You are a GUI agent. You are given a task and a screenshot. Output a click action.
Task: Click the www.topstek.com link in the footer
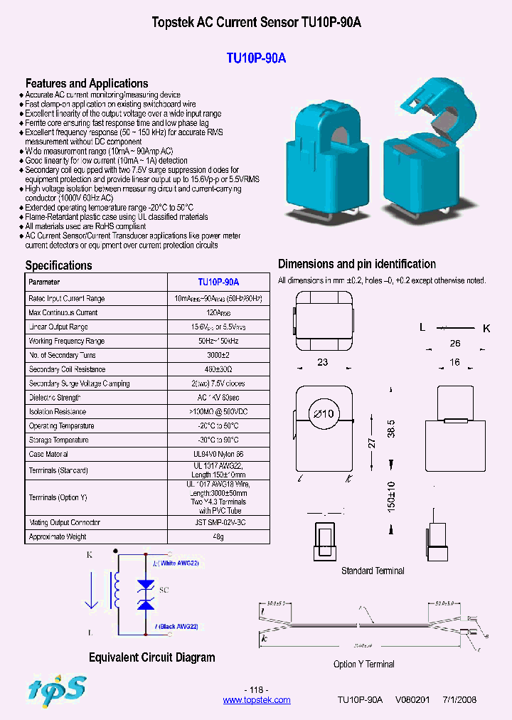(257, 700)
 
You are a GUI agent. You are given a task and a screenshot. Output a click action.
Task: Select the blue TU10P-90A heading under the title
(256, 58)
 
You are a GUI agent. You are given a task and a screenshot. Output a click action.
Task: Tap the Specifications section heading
(59, 265)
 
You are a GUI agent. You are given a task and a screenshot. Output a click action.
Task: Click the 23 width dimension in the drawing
(322, 362)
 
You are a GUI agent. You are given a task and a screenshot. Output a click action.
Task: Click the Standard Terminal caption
(373, 571)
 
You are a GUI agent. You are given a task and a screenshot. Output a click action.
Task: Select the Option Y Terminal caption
(363, 664)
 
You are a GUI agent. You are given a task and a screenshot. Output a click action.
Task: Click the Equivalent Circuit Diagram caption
(151, 657)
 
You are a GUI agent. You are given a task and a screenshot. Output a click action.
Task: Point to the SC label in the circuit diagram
(163, 591)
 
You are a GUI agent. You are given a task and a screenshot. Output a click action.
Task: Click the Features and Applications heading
(87, 83)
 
